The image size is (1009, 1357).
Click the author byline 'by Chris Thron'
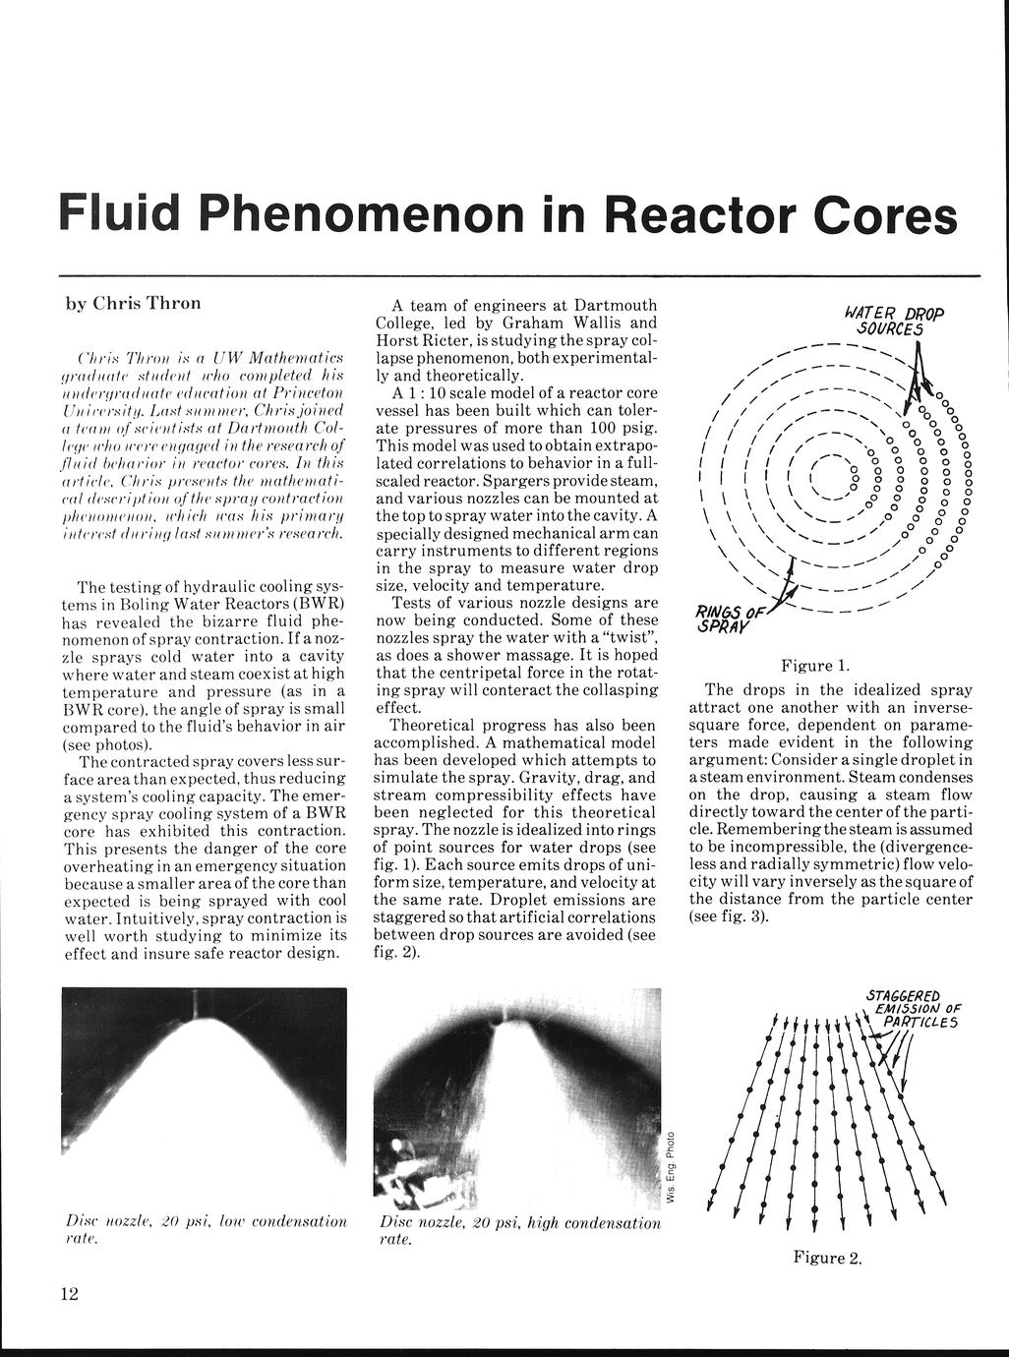click(133, 303)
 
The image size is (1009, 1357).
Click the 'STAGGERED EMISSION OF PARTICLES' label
click(909, 1008)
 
